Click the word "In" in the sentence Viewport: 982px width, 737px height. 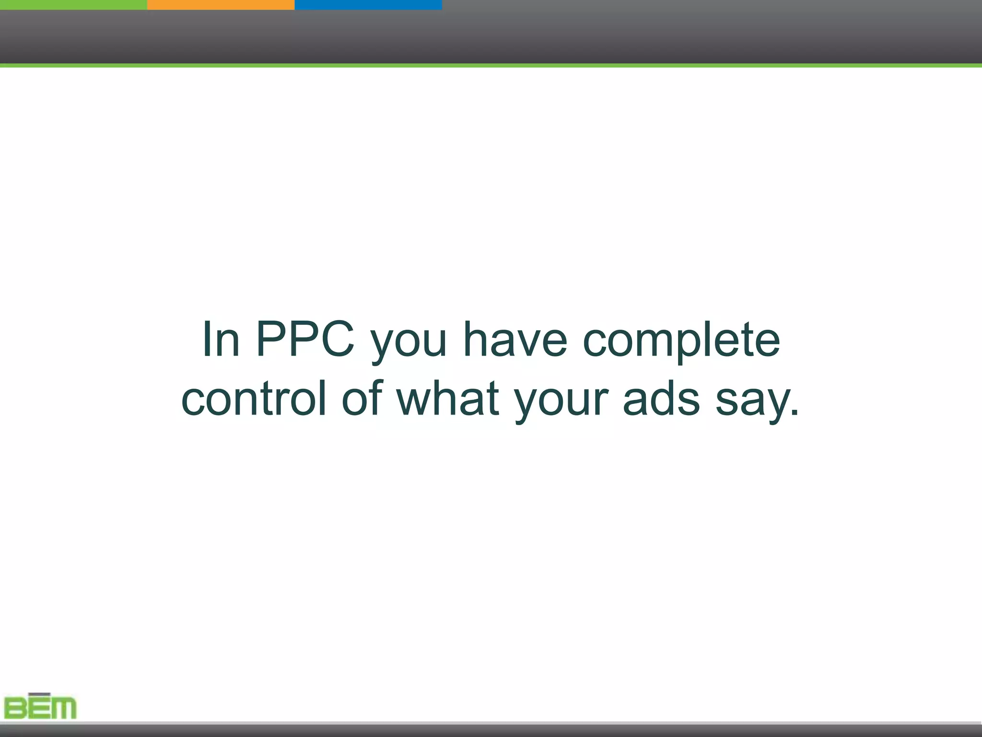pyautogui.click(x=221, y=339)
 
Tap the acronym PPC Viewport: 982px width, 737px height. pyautogui.click(x=305, y=339)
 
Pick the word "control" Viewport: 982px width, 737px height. pyautogui.click(x=254, y=398)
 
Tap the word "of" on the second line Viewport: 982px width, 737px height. pyautogui.click(x=362, y=398)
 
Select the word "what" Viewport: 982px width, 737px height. pyautogui.click(x=448, y=398)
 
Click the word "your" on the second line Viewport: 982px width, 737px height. pyautogui.click(x=561, y=401)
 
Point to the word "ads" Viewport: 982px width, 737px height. pyautogui.click(x=661, y=398)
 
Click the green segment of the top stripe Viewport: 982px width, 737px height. pyautogui.click(x=73, y=4)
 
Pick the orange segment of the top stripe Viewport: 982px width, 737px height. pyautogui.click(x=221, y=4)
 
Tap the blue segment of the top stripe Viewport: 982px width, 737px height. pyautogui.click(x=368, y=4)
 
